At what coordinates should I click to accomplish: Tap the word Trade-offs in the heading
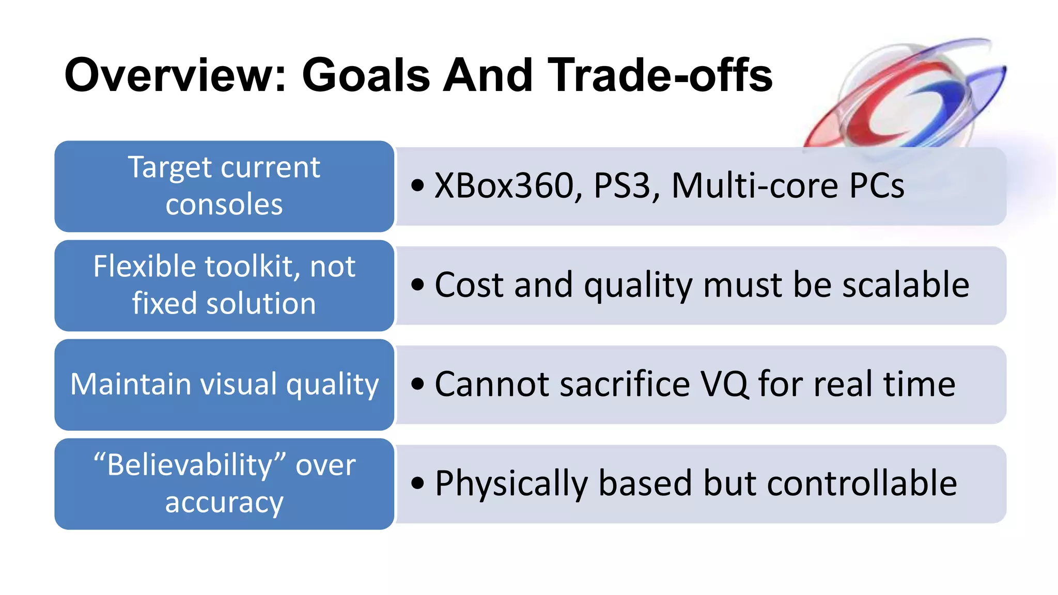pyautogui.click(x=660, y=75)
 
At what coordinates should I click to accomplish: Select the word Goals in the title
pyautogui.click(x=365, y=75)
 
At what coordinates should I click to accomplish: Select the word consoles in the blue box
pyautogui.click(x=224, y=205)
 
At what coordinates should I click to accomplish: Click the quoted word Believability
pyautogui.click(x=190, y=465)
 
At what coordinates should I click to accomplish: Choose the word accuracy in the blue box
pyautogui.click(x=224, y=503)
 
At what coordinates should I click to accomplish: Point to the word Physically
pyautogui.click(x=511, y=483)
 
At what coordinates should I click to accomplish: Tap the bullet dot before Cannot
pyautogui.click(x=418, y=384)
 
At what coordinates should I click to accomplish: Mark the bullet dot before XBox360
pyautogui.click(x=418, y=185)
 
